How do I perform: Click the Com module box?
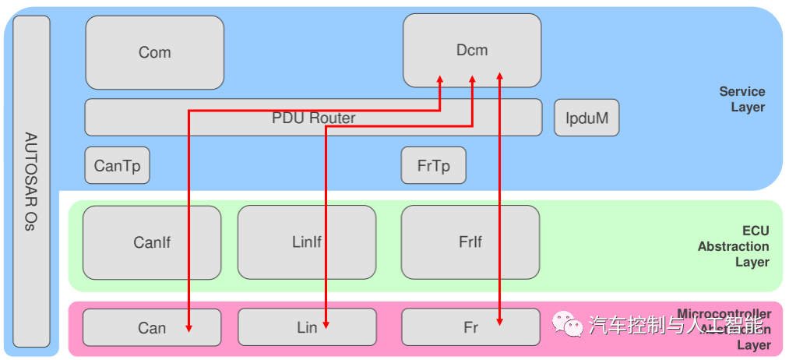click(154, 52)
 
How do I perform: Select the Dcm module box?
click(471, 50)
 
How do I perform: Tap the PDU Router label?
click(313, 118)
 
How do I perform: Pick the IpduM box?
click(586, 118)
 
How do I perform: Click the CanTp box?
click(117, 165)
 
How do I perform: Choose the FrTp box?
click(433, 165)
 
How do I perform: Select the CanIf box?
click(152, 242)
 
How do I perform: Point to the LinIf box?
click(306, 242)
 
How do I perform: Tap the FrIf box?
click(470, 242)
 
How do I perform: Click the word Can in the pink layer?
click(152, 327)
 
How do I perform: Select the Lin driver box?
click(306, 327)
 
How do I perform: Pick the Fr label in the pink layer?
click(470, 327)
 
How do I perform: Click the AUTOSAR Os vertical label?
click(31, 181)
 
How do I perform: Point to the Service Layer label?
click(741, 100)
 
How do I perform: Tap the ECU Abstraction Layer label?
click(734, 246)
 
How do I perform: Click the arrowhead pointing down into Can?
click(188, 328)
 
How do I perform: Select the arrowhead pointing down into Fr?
click(499, 320)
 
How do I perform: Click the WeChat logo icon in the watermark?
click(567, 323)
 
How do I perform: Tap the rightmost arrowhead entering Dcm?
click(499, 76)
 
